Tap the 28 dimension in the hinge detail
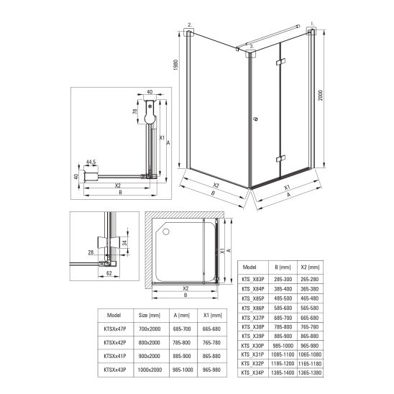(x=91, y=252)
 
